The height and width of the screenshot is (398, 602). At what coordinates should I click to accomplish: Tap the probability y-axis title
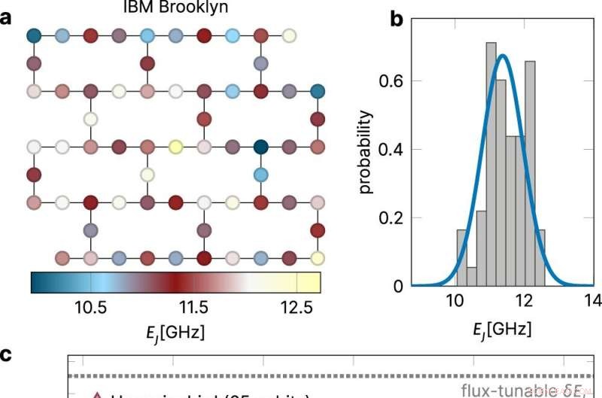pos(366,151)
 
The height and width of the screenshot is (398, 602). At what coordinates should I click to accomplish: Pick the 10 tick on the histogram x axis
pos(455,302)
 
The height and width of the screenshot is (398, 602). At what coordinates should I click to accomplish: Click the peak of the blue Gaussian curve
pos(503,55)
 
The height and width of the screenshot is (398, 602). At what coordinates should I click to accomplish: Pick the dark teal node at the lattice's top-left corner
pos(34,35)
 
